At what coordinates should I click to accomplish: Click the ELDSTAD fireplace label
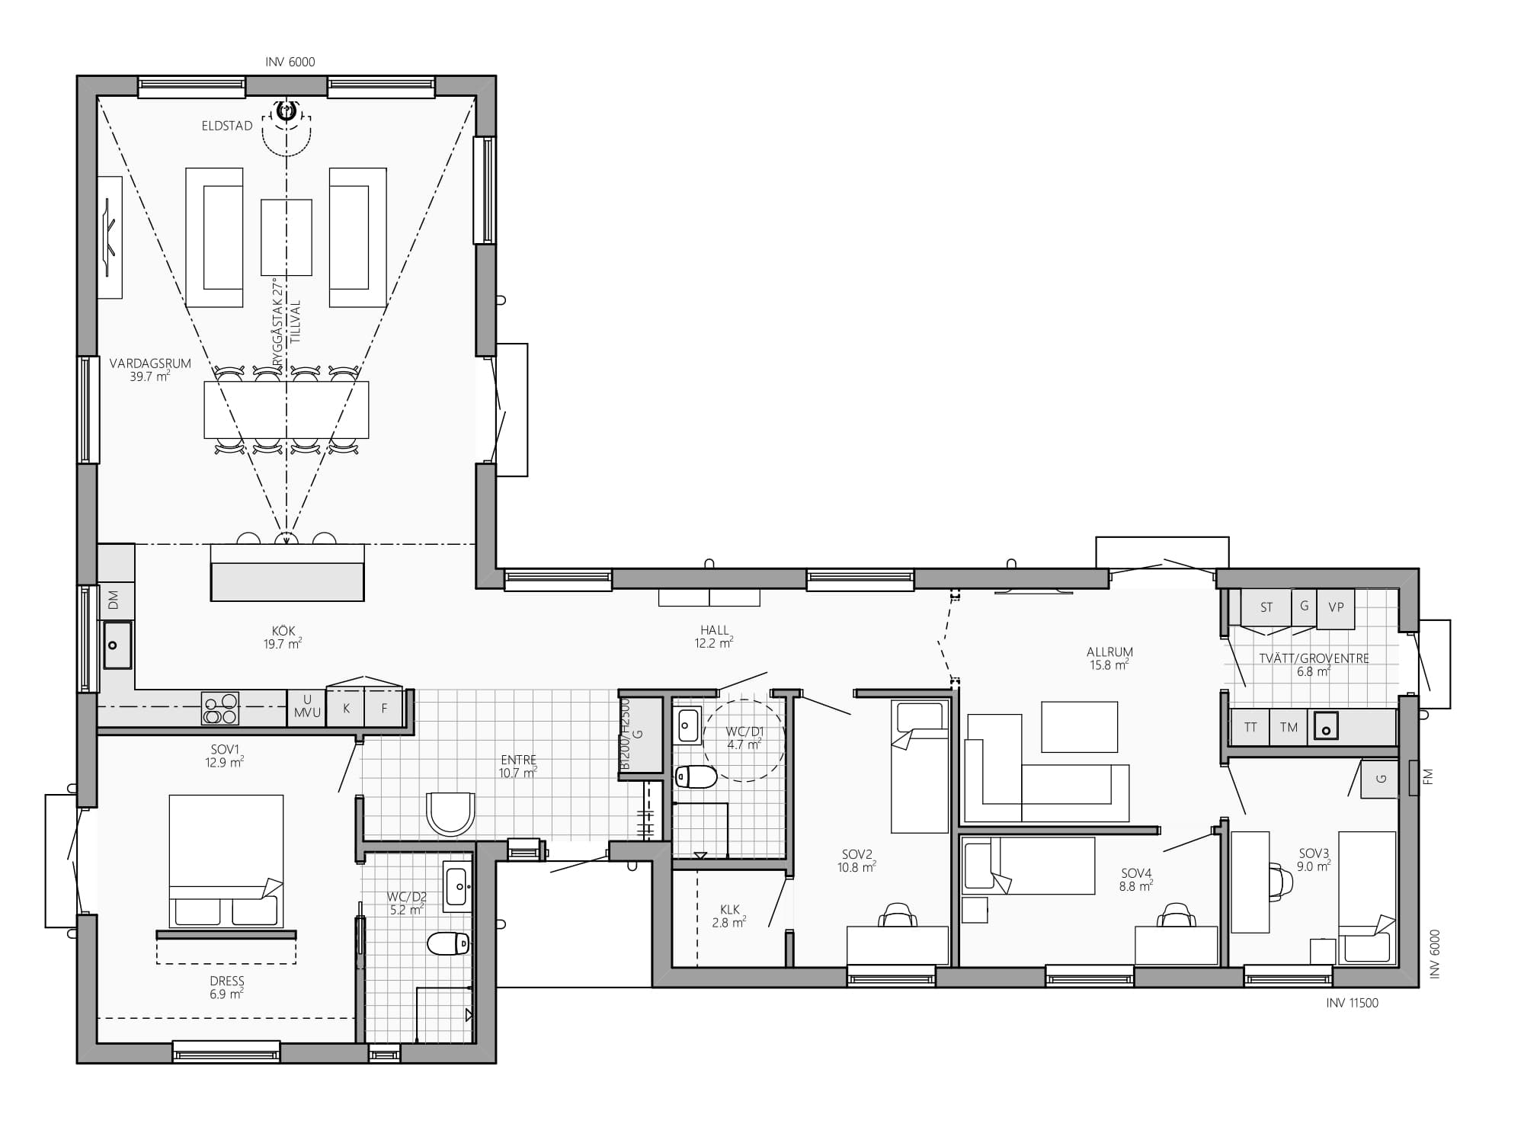coord(227,126)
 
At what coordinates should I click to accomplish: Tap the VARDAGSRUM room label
coord(150,363)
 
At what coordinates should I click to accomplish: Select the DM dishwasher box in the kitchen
coord(115,600)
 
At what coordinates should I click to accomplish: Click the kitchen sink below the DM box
coord(117,645)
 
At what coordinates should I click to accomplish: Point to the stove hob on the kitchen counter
coord(220,708)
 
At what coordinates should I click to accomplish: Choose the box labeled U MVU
coord(306,708)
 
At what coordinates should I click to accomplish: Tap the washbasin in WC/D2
coord(456,885)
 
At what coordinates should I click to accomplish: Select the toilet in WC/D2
coord(448,943)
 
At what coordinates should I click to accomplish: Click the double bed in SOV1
coord(226,860)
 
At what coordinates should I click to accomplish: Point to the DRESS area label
coord(227,981)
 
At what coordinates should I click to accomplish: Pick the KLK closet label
coord(730,909)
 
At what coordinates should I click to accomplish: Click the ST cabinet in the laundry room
coord(1266,608)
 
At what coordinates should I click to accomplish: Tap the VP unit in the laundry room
coord(1336,609)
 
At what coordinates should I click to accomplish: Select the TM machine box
coord(1289,728)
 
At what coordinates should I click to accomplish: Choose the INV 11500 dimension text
coord(1352,1003)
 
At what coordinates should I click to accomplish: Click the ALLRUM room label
coord(1109,652)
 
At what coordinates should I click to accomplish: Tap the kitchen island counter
coord(287,572)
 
